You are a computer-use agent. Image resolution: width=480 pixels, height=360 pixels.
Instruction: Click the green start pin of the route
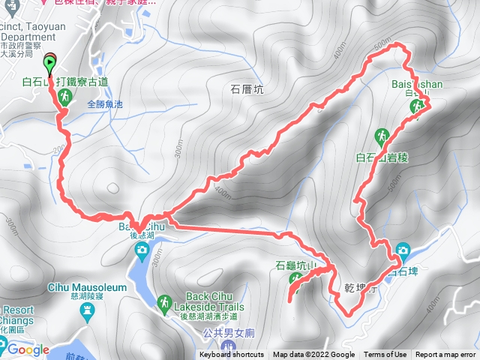50,63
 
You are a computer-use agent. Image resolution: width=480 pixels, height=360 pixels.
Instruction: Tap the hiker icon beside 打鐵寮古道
66,97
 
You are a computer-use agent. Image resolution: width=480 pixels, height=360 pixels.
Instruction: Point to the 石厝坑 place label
247,90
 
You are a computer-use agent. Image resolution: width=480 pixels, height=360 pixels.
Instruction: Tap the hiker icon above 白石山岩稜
383,136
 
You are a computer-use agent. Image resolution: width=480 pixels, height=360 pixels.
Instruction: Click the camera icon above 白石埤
403,250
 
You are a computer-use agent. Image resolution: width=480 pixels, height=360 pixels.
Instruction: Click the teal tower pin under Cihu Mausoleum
85,311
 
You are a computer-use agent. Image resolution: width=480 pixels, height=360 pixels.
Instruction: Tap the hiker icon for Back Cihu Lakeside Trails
163,301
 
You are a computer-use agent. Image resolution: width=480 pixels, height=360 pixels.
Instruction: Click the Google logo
28,349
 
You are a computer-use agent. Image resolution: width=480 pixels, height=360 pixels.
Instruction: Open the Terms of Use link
385,355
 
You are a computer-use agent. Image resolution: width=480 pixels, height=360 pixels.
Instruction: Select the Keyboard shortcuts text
231,355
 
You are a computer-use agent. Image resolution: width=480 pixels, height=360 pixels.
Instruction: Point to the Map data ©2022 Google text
313,355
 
